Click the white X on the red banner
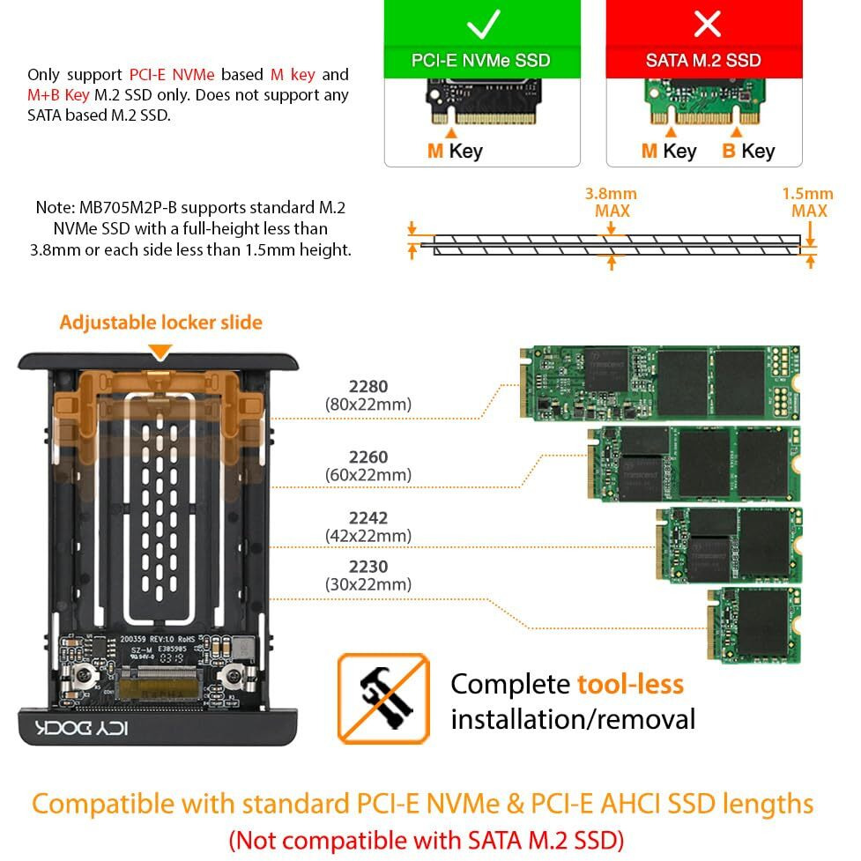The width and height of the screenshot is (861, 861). (707, 24)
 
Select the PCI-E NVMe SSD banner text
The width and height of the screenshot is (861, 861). (481, 61)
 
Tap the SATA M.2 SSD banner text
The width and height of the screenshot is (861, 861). (703, 61)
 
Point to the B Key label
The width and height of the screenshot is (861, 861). (748, 151)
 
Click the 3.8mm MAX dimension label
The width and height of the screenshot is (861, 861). (611, 202)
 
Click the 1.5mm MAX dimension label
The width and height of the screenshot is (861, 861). (808, 202)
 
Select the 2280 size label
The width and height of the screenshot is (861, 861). (368, 386)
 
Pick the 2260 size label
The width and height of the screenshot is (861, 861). (368, 457)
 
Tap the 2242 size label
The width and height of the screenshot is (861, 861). (368, 518)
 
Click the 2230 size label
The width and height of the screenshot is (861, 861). (368, 567)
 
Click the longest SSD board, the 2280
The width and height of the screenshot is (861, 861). (660, 382)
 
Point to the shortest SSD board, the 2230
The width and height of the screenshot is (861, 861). (756, 626)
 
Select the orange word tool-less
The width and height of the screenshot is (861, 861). (630, 684)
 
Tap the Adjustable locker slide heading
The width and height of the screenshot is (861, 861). (160, 323)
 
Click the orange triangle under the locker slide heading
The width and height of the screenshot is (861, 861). (160, 352)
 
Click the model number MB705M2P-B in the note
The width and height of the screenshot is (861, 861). (130, 208)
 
